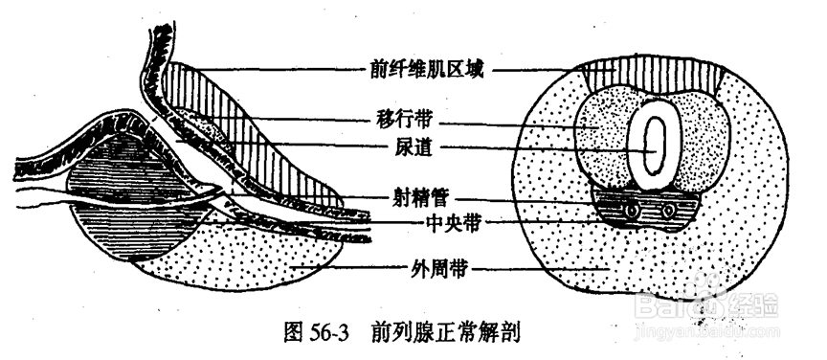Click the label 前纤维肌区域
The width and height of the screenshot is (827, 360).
coord(427,69)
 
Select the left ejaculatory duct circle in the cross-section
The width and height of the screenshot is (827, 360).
coord(633,207)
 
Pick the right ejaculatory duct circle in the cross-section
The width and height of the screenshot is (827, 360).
coord(668,210)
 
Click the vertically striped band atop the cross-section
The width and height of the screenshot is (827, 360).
coord(656,76)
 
